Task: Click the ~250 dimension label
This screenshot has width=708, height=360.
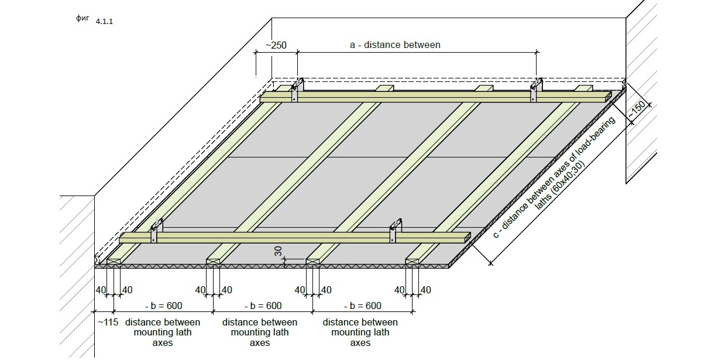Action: [x=276, y=45]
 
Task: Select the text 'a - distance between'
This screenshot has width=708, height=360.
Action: [x=395, y=44]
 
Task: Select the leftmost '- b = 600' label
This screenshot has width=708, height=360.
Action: [x=163, y=306]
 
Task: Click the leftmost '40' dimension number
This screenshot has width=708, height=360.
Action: [x=101, y=290]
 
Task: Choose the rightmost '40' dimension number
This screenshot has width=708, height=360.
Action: [x=425, y=290]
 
